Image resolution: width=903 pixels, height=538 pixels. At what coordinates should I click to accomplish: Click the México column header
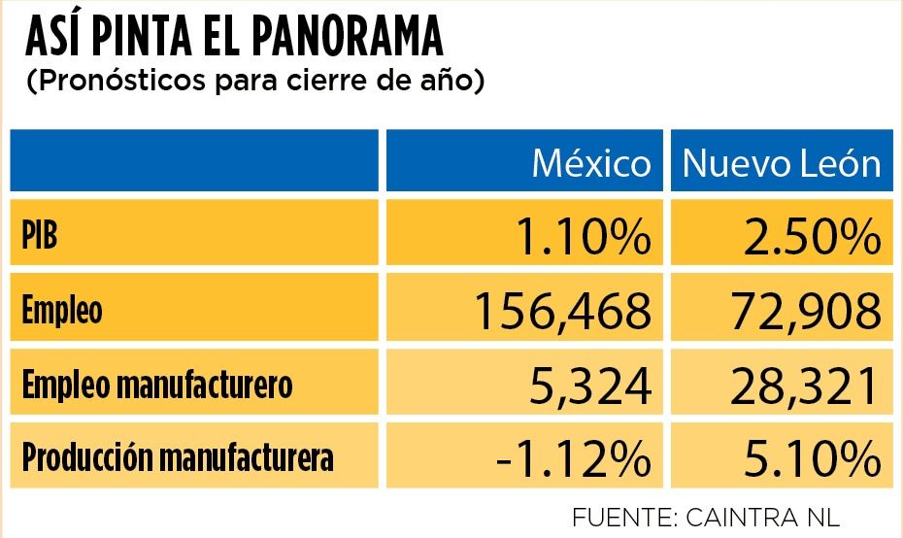tap(591, 163)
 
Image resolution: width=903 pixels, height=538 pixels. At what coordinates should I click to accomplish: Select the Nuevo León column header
tap(782, 163)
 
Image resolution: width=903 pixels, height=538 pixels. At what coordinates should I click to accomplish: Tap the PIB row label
tap(40, 235)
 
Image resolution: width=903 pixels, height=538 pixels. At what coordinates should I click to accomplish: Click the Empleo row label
tap(62, 310)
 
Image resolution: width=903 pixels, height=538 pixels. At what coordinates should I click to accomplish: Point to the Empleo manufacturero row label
tap(157, 385)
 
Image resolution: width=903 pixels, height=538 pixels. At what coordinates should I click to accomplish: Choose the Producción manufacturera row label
tap(178, 458)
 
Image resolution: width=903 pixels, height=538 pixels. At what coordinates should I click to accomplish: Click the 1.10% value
tap(584, 236)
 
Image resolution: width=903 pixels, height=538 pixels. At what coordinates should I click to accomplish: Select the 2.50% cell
tap(813, 236)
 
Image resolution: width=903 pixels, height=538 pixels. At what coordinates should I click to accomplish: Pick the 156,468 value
tap(562, 312)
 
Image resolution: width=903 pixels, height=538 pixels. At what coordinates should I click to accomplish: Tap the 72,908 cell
tap(806, 312)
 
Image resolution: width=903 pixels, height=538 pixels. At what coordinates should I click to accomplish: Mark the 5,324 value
tap(590, 386)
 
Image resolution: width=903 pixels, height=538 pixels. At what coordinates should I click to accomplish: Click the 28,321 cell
tap(805, 386)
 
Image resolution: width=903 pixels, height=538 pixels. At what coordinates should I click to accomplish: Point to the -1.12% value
tap(574, 459)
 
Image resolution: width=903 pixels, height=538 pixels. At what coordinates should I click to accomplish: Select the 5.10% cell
tap(813, 459)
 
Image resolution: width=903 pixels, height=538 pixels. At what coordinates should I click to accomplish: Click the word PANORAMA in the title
tap(348, 36)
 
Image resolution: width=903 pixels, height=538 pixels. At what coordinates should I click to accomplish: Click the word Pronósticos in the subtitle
tap(122, 82)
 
